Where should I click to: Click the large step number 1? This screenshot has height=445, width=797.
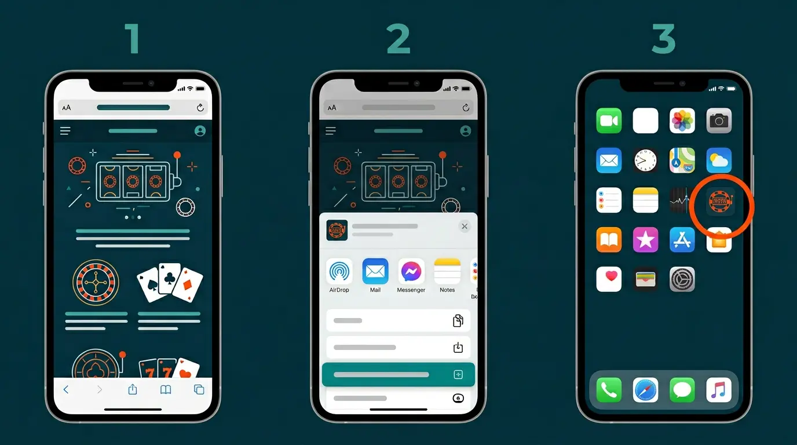(x=133, y=39)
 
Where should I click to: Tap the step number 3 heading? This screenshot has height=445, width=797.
(x=663, y=39)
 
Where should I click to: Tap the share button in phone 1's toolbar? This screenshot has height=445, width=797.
(x=133, y=389)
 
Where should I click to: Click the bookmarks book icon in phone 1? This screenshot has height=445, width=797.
(x=166, y=389)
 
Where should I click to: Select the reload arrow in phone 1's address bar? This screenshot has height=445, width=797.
(x=200, y=108)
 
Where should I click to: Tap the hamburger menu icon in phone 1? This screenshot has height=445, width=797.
(x=65, y=131)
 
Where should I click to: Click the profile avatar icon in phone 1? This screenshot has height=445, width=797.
(x=200, y=131)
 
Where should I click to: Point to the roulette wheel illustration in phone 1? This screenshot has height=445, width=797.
(x=96, y=282)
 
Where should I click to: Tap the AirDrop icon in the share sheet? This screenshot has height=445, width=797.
(x=339, y=271)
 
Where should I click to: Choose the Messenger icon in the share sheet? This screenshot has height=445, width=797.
(x=411, y=271)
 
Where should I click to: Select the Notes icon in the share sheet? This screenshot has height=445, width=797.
(x=447, y=271)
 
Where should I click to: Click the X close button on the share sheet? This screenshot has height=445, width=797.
(x=464, y=227)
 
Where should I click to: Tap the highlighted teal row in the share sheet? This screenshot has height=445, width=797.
(x=398, y=375)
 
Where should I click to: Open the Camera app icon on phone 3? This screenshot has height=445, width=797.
(x=719, y=121)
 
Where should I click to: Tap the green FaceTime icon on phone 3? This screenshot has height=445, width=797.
(x=609, y=121)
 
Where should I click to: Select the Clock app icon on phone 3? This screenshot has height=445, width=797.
(x=645, y=161)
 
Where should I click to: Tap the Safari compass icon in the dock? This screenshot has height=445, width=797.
(x=645, y=390)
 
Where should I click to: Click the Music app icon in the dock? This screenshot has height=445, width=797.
(x=719, y=390)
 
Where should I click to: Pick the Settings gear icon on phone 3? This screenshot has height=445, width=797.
(x=682, y=279)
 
